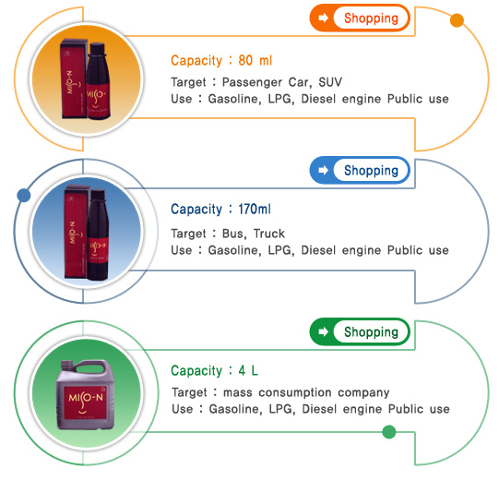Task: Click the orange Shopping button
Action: [360, 18]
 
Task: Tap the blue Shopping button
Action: [360, 170]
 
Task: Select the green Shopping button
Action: [360, 331]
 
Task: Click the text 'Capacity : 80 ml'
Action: [221, 60]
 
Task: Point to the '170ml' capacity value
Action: [255, 210]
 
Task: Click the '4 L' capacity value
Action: [248, 370]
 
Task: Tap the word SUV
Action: [330, 82]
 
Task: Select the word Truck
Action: [269, 234]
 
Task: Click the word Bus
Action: [233, 234]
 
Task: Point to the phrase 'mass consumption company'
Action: [306, 392]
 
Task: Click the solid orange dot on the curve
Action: [457, 20]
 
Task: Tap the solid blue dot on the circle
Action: [24, 196]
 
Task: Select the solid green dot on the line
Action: [389, 432]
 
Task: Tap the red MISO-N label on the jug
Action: [85, 403]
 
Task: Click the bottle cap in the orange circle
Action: [97, 49]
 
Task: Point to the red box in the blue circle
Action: [76, 232]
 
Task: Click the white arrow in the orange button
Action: [324, 18]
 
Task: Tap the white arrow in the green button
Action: [324, 331]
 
